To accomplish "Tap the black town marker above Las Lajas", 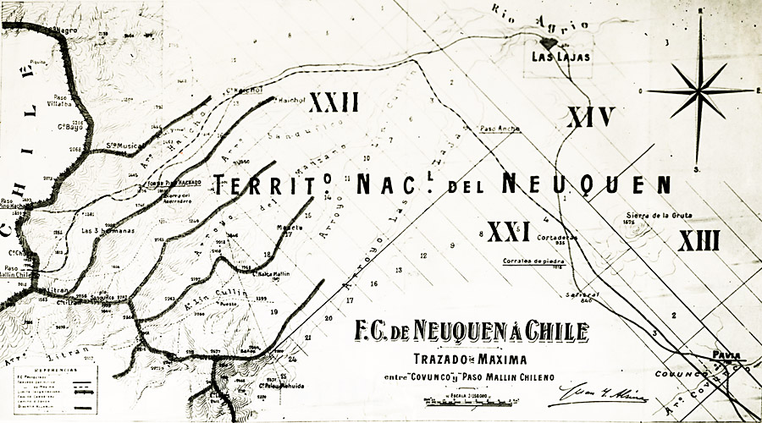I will point(549,41).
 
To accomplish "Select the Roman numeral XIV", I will point(590,117).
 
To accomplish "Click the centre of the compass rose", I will point(700,91).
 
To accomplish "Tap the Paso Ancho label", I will point(500,129).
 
